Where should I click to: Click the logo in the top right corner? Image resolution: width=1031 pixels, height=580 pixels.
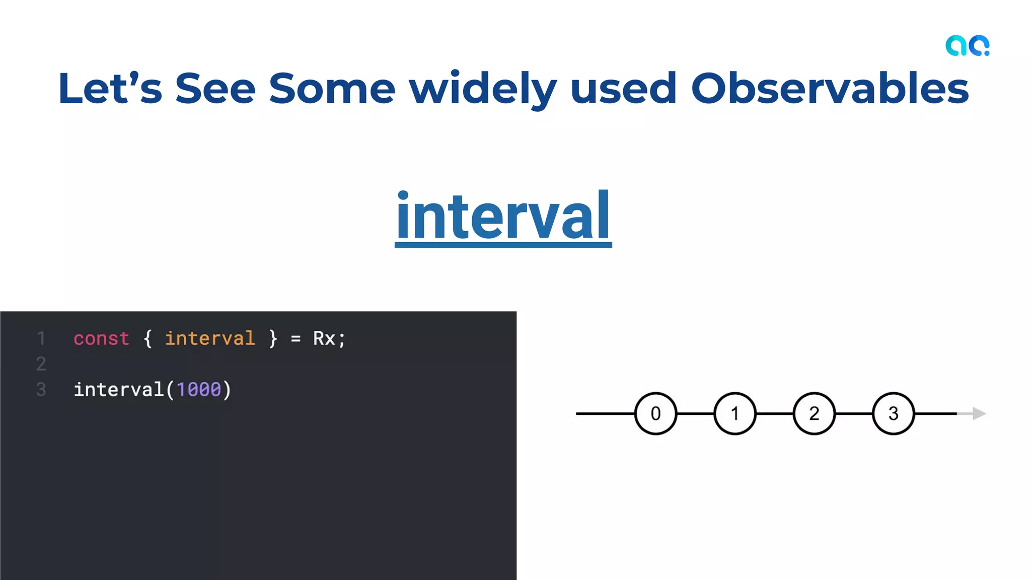(x=967, y=46)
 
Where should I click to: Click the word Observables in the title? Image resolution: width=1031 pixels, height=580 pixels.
(x=829, y=89)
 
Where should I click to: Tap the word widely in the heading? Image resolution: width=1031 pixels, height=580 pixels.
(x=482, y=89)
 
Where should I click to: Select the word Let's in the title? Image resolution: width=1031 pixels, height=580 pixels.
(x=110, y=89)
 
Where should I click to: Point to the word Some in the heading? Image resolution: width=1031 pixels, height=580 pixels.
(x=332, y=89)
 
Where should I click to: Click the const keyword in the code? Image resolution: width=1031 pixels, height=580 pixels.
(x=101, y=338)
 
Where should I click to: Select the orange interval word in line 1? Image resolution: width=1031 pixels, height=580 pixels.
(x=210, y=338)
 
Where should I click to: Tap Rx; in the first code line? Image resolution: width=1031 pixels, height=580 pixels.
(x=329, y=338)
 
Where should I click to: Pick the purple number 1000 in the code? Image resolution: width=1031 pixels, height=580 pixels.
(x=199, y=390)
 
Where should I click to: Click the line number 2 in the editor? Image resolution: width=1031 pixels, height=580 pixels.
(x=41, y=364)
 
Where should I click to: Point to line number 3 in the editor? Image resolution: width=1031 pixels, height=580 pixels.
(x=41, y=390)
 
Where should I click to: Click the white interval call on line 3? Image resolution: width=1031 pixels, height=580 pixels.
(x=119, y=390)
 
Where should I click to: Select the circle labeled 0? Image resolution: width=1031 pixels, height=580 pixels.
(x=655, y=413)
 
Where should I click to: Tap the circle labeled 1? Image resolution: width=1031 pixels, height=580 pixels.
(x=734, y=413)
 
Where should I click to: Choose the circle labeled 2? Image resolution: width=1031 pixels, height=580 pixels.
(x=814, y=413)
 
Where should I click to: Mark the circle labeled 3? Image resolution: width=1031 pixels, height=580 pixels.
(x=893, y=413)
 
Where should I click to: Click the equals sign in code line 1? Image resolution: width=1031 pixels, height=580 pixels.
(x=296, y=339)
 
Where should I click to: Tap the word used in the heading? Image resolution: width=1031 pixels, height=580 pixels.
(x=623, y=89)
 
